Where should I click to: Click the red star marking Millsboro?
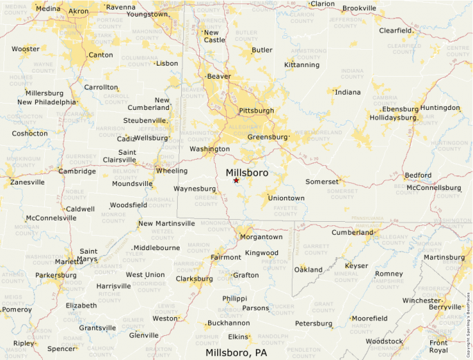(236, 180)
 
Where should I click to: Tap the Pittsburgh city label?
(256, 111)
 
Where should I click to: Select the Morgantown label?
(260, 237)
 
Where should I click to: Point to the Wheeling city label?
(171, 171)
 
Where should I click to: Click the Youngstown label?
(147, 14)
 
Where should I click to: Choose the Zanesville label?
(27, 182)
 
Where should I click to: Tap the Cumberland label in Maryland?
(352, 233)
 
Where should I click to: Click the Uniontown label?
(286, 198)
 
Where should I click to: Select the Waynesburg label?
(194, 189)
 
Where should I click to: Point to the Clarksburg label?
(194, 279)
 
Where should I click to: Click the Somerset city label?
(322, 182)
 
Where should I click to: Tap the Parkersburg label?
(56, 275)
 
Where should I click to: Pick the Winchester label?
(421, 301)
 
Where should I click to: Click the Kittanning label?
(302, 65)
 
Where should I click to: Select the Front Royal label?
(438, 346)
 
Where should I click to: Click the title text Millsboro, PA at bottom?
(236, 352)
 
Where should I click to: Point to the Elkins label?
(238, 337)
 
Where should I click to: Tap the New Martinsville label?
(167, 224)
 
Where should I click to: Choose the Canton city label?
(100, 55)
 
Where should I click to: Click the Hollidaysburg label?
(393, 117)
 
